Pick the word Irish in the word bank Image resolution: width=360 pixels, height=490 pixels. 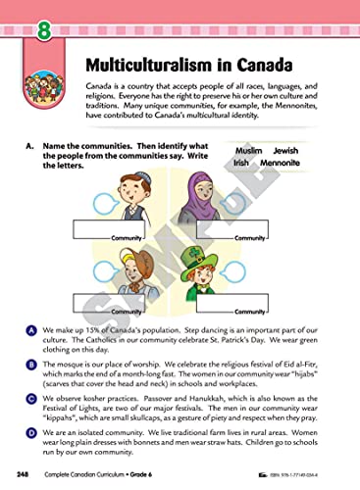click(247, 168)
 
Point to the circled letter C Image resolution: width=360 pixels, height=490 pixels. click(33, 396)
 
